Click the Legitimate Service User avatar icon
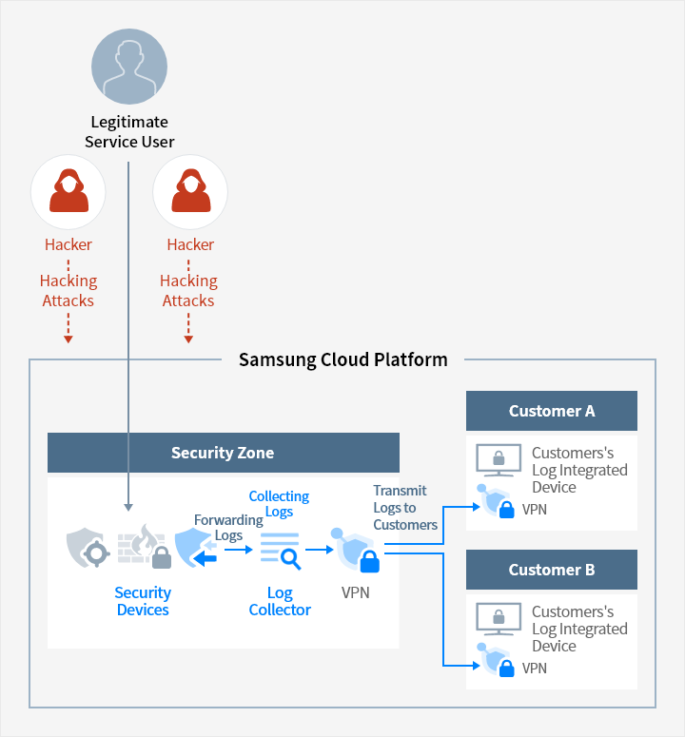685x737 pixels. (x=129, y=67)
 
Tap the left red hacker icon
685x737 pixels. (x=68, y=192)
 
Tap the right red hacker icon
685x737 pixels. (x=190, y=192)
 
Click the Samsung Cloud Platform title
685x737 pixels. (x=343, y=360)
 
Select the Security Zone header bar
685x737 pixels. (x=224, y=453)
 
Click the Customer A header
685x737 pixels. (x=552, y=411)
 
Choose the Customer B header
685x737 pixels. (x=552, y=570)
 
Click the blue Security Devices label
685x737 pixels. (x=143, y=601)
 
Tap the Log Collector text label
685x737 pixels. (x=280, y=601)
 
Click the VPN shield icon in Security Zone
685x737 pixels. (x=356, y=550)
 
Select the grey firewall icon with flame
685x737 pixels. (x=145, y=546)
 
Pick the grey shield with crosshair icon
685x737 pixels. (x=88, y=548)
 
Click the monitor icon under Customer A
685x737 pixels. (x=499, y=459)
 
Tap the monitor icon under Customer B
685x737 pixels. (x=499, y=618)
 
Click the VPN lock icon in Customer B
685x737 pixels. (x=496, y=660)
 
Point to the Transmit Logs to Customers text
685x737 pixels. (x=405, y=508)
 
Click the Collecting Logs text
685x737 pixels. (x=279, y=503)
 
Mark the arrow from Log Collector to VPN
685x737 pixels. (x=320, y=549)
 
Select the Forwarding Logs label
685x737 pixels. (x=228, y=528)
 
